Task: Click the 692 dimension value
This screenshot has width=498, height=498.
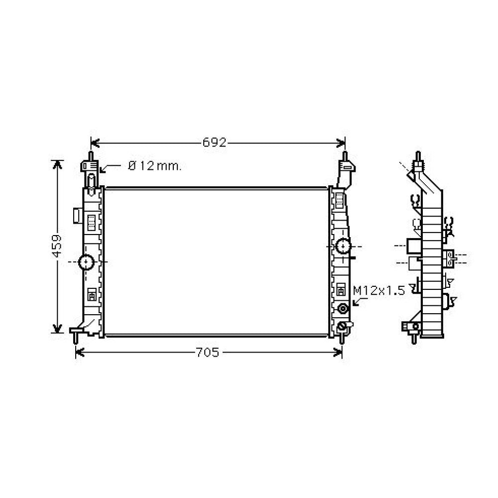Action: [214, 143]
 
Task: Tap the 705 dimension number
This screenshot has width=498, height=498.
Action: [207, 353]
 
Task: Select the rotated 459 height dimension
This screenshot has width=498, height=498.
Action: [57, 246]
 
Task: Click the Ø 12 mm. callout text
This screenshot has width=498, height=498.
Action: [154, 166]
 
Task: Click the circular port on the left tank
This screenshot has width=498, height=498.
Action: [87, 261]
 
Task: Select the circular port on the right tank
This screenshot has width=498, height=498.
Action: [343, 246]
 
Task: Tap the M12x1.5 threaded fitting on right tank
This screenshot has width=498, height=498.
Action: [343, 309]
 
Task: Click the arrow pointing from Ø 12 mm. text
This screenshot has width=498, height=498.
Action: [109, 168]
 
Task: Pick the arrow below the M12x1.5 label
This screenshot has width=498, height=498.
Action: [358, 300]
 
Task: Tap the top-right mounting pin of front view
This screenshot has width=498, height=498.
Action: [344, 155]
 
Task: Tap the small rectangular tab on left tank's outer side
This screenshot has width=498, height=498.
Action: [77, 215]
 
